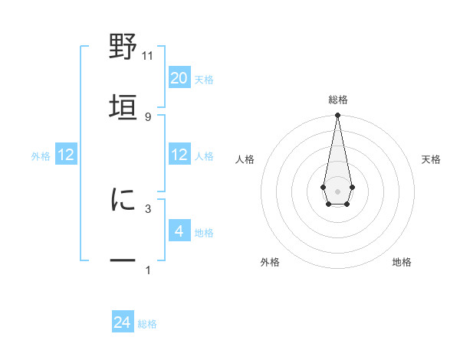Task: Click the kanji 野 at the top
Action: tap(123, 47)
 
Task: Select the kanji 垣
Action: tap(123, 105)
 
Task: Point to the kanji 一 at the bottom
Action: tap(123, 260)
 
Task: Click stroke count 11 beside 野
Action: tap(148, 55)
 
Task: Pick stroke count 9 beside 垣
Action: tap(148, 116)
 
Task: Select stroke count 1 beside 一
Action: tap(148, 270)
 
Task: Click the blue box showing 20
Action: tap(179, 78)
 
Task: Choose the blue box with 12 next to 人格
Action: tap(179, 155)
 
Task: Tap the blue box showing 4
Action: tap(179, 231)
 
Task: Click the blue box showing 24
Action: tap(123, 322)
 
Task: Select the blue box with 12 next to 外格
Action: tap(66, 155)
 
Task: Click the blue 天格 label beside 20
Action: tap(204, 80)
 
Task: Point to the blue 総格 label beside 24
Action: tap(147, 324)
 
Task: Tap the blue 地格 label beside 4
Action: tap(204, 233)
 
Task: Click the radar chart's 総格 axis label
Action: tap(337, 100)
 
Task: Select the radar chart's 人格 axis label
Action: tap(245, 159)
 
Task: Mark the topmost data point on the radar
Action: tap(337, 116)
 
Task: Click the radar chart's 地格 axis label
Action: tap(402, 262)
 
